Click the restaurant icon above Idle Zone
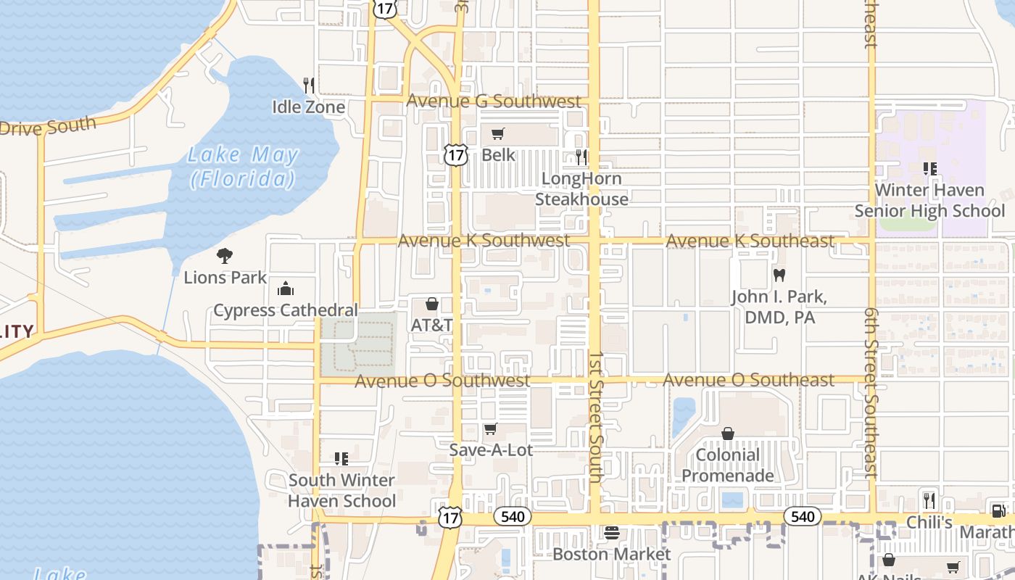[309, 85]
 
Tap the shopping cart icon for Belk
[497, 133]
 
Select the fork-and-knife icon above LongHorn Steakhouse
[581, 157]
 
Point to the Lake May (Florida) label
[243, 166]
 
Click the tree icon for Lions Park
[225, 255]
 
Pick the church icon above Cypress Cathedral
[286, 289]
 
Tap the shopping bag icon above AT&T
[432, 304]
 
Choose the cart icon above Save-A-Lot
[491, 428]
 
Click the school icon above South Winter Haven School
[341, 458]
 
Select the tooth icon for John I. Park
[779, 275]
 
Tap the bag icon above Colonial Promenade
[728, 434]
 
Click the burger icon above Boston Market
[612, 533]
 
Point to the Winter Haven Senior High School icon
[930, 169]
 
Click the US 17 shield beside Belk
[455, 154]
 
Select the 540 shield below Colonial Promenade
[803, 516]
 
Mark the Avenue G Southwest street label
[494, 101]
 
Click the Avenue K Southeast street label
[750, 241]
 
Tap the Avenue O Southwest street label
[442, 381]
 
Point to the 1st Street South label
[596, 417]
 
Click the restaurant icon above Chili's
[930, 500]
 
